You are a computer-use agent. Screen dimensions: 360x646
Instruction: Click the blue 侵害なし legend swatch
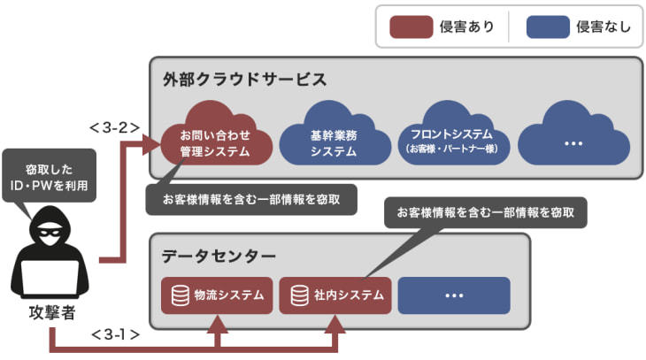click(548, 27)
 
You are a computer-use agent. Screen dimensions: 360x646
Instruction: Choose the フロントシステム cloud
click(452, 140)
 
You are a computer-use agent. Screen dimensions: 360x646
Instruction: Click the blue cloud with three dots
click(573, 141)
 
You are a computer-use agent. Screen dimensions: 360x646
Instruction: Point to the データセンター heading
click(219, 257)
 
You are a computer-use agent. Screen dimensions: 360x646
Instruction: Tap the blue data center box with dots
click(454, 295)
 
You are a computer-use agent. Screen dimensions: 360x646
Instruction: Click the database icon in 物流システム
click(181, 295)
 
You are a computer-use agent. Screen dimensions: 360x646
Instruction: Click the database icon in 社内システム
click(299, 295)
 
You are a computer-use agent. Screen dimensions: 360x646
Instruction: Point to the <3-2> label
click(114, 126)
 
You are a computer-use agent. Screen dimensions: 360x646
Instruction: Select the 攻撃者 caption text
click(49, 313)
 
